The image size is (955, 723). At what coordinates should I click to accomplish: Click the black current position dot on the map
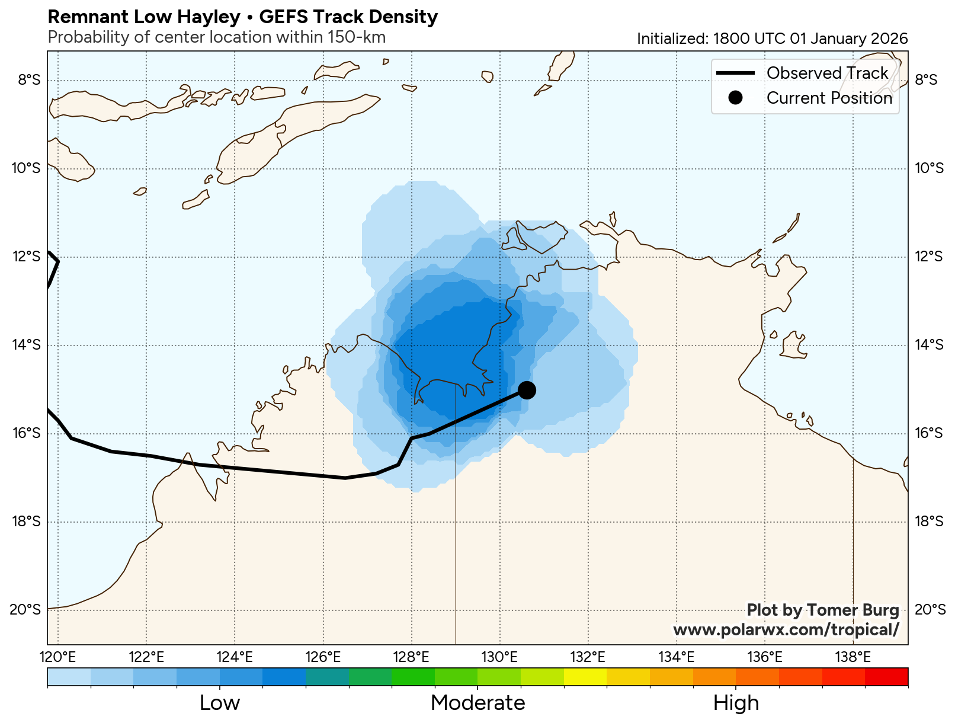(527, 390)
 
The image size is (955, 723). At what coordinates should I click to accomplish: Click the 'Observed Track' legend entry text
(827, 73)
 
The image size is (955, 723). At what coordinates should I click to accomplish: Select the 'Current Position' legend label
(829, 98)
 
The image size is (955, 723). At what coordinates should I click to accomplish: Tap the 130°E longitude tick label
(499, 657)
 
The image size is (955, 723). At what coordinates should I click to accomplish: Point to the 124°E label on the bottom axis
(235, 657)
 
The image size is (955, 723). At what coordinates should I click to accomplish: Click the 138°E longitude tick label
(853, 657)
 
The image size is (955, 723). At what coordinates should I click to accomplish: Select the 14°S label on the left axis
(27, 345)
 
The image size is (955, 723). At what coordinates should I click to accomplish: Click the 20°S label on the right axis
(929, 610)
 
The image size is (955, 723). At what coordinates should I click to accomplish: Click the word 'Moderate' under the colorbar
(477, 703)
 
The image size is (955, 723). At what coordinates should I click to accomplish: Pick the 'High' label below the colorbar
(736, 703)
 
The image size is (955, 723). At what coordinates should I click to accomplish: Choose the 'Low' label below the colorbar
(220, 703)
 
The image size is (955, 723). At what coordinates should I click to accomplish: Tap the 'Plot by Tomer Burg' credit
(822, 610)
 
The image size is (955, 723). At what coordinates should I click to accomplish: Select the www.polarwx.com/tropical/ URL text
(786, 629)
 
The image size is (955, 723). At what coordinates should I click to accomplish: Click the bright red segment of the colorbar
(886, 676)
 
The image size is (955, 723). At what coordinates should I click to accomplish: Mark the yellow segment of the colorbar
(585, 676)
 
